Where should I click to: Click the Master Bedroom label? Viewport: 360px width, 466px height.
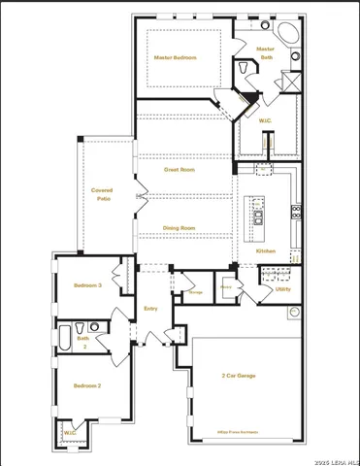(176, 57)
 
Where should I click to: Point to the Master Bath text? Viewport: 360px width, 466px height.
(266, 52)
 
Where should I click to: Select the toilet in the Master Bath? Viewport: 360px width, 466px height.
(242, 70)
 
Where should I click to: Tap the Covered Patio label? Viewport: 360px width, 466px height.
(102, 193)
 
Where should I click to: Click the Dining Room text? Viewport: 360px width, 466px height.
(179, 227)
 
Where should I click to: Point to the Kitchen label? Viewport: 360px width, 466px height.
(266, 251)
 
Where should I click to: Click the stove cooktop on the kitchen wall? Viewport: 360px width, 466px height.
(294, 211)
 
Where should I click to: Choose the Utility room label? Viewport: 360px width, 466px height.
(282, 288)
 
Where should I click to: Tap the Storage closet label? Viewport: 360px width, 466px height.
(195, 291)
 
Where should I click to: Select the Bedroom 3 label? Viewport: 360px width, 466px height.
(87, 284)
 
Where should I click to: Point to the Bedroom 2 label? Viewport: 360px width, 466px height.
(87, 385)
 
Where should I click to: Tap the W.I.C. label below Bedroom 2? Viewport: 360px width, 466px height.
(70, 433)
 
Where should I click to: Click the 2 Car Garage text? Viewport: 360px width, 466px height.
(238, 375)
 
